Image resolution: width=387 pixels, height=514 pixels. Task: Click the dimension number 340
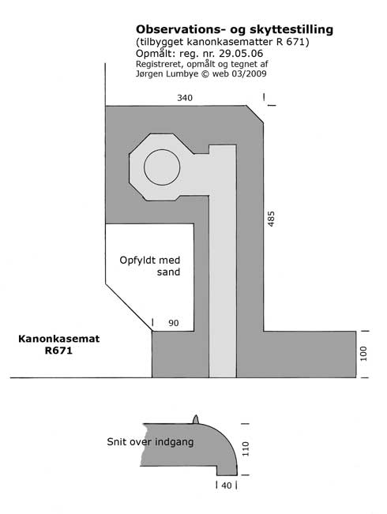[185, 98]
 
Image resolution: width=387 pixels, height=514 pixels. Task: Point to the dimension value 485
[271, 219]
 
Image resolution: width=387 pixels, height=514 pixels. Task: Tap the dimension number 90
[174, 323]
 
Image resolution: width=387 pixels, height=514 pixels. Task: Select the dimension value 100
[363, 354]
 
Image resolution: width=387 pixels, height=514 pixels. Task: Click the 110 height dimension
[246, 448]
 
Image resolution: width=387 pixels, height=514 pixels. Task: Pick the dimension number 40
[227, 486]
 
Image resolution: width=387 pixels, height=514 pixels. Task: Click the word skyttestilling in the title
[290, 30]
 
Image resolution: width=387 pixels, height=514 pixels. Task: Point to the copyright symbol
[205, 73]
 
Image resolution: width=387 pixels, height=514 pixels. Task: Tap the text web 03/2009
[239, 73]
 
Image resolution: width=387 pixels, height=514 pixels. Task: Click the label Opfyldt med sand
[150, 266]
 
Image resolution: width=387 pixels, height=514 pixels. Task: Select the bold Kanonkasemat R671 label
[58, 344]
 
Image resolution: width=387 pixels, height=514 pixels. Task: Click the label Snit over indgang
[150, 442]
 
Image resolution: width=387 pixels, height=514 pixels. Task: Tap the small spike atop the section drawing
[195, 419]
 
